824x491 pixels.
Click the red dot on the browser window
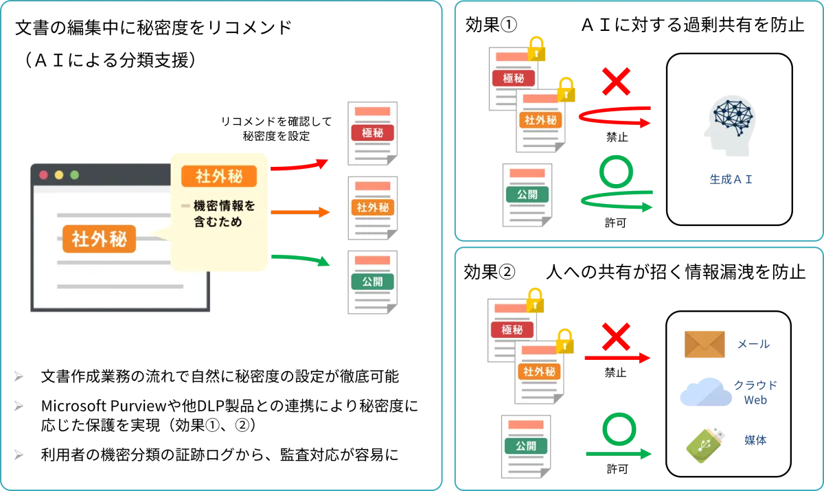[43, 174]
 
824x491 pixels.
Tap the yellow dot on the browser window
[59, 174]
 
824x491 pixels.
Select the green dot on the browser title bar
[74, 174]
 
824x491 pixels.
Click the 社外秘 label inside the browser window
[99, 239]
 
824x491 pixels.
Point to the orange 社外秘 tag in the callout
[218, 176]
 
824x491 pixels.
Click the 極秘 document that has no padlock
[373, 133]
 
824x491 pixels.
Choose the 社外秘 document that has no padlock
[373, 207]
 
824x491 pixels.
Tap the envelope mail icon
[703, 345]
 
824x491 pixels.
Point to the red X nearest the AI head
[616, 82]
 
